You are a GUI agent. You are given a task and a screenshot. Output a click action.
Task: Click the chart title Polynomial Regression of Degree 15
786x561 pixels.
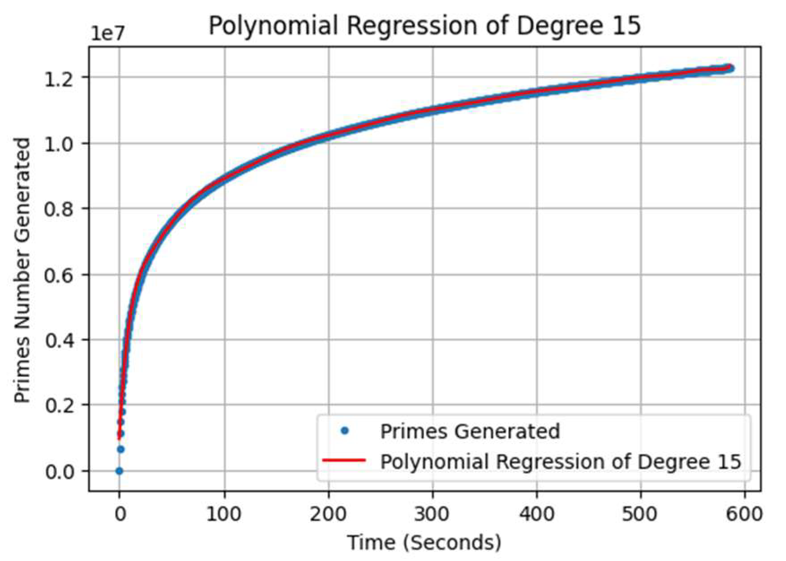click(x=424, y=26)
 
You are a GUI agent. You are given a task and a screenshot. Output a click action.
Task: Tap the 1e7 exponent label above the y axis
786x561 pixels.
click(x=107, y=34)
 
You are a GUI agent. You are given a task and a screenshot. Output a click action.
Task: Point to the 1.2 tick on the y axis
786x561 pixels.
click(x=60, y=78)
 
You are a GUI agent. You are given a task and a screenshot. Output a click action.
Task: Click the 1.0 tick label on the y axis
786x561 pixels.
click(x=60, y=143)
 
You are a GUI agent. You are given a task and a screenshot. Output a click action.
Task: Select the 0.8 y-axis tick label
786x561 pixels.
click(x=60, y=209)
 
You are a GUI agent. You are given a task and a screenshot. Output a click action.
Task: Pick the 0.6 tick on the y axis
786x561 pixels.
click(x=60, y=275)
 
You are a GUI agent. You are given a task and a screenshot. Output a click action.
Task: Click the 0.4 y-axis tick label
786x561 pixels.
click(x=60, y=340)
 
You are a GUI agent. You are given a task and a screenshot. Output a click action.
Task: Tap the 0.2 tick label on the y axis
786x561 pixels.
click(x=60, y=405)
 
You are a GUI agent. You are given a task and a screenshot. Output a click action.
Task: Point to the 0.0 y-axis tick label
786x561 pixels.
click(x=60, y=471)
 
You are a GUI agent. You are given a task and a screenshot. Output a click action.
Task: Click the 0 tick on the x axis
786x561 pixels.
click(x=120, y=514)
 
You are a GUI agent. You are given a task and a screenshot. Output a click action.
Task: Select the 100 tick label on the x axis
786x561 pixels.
click(x=224, y=514)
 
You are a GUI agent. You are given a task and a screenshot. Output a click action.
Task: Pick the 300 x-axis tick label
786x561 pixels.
click(x=432, y=514)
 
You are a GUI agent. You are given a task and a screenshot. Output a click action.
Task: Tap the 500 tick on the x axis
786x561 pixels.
click(x=641, y=514)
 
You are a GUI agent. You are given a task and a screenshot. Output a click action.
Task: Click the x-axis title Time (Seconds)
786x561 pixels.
click(x=424, y=543)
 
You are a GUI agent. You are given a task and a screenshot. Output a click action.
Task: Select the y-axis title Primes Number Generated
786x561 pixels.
click(x=22, y=270)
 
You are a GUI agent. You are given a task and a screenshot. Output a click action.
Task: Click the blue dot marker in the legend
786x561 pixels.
click(x=344, y=431)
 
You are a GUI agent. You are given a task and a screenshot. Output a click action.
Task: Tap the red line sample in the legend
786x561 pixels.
click(x=344, y=460)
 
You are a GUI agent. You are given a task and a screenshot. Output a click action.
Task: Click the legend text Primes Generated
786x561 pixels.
click(x=470, y=432)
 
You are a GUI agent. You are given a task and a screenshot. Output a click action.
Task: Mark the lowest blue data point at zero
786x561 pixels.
click(x=119, y=471)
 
